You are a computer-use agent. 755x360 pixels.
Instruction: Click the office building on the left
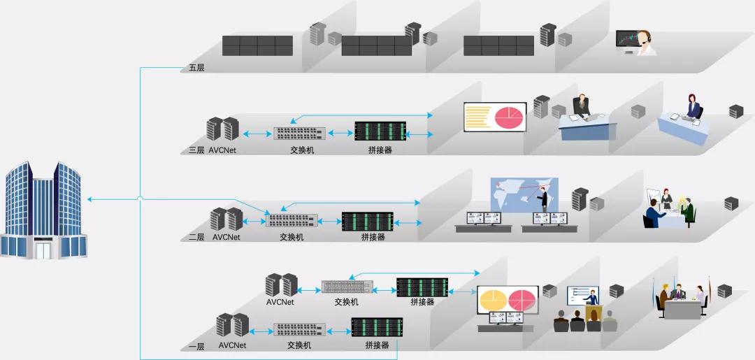pos(43,210)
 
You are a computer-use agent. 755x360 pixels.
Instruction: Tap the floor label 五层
pos(196,69)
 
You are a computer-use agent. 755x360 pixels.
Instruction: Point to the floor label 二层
pos(196,237)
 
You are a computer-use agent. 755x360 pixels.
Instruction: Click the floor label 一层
pos(196,345)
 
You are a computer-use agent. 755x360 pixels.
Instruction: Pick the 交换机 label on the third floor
pos(302,150)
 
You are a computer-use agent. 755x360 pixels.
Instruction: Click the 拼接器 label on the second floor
pos(373,237)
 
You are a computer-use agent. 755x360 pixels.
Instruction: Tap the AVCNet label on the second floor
pos(226,237)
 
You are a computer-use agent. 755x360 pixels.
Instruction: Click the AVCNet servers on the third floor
pos(223,129)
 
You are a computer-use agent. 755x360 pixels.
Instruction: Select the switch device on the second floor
pos(292,220)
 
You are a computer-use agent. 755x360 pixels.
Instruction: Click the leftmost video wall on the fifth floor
pos(257,45)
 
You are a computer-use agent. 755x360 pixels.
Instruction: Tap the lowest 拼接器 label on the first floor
pos(377,345)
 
